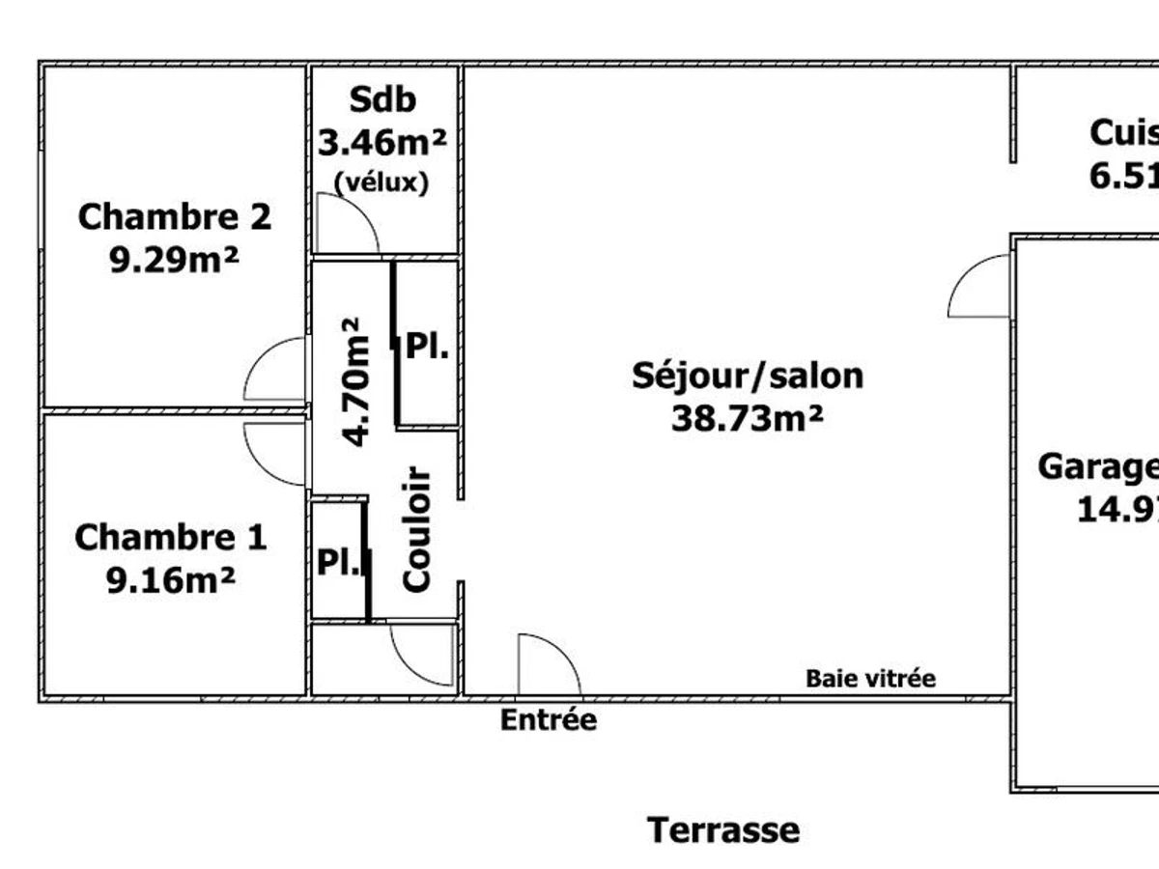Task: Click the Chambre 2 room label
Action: coord(174,217)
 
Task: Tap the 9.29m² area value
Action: coord(174,261)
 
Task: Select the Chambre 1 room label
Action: coord(170,538)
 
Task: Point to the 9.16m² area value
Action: coord(170,581)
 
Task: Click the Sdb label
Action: coord(382,99)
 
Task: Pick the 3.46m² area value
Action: coord(382,143)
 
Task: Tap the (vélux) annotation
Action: coord(381,182)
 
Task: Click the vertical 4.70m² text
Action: coord(355,381)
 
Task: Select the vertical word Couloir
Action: coord(415,529)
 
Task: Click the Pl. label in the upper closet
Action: coord(427,346)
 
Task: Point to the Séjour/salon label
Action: coord(748,375)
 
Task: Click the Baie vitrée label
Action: coord(870,679)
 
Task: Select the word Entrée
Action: coord(548,720)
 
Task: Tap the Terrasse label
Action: coord(723,830)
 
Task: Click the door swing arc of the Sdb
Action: coord(348,222)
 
